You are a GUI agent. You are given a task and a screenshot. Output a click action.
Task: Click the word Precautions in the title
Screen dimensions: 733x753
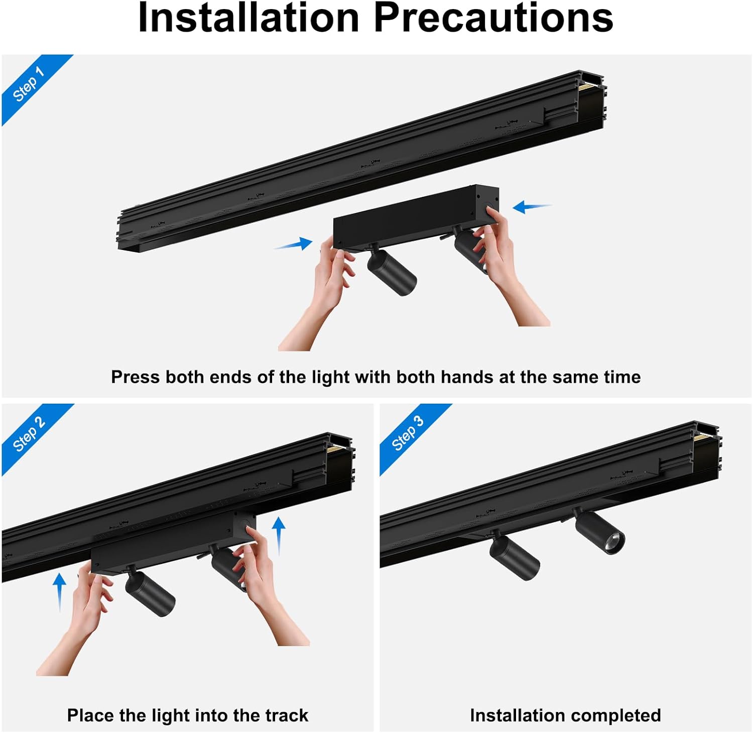point(493,18)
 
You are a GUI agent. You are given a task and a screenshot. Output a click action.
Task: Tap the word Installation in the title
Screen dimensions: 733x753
point(248,18)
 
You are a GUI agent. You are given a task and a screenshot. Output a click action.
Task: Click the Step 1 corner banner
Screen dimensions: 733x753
point(29,84)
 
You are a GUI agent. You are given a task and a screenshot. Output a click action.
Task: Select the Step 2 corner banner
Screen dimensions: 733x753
point(29,434)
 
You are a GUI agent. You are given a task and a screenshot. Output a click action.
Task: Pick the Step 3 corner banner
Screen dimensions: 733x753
point(408,433)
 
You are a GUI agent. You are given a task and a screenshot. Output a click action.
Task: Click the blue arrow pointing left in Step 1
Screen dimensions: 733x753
point(531,206)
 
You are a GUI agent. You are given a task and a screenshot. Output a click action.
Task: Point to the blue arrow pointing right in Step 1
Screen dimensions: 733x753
point(294,245)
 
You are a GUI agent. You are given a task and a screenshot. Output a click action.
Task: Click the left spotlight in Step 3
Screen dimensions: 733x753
point(515,557)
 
